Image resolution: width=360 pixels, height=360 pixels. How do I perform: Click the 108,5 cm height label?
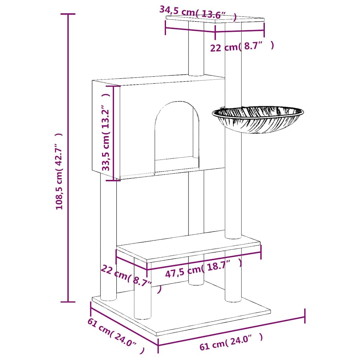(59, 171)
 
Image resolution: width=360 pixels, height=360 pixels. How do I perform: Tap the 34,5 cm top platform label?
(198, 13)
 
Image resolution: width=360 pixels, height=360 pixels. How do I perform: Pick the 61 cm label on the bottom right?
(231, 342)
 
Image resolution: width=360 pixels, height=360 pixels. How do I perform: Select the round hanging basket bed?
(258, 120)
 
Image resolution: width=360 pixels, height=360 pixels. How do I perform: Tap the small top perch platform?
(215, 19)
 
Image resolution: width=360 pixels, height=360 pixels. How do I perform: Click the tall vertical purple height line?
(68, 158)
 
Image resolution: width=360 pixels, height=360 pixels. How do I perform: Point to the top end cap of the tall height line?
(68, 14)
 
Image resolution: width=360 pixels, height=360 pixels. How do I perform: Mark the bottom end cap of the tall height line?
(68, 302)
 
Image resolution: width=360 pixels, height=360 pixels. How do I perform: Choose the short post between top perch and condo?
(196, 49)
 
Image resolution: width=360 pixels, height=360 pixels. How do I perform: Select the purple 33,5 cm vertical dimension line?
(114, 133)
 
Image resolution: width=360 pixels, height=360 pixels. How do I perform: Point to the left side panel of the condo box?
(106, 130)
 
